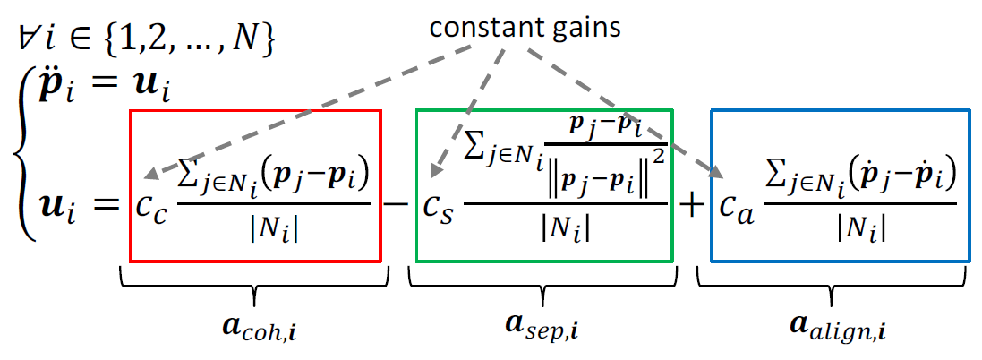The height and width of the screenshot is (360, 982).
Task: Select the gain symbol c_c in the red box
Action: coord(154,205)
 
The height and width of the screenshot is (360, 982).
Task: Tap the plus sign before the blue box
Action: coord(691,204)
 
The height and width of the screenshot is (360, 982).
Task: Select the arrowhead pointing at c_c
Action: coord(149,176)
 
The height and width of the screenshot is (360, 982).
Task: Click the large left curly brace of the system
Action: coord(23,161)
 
